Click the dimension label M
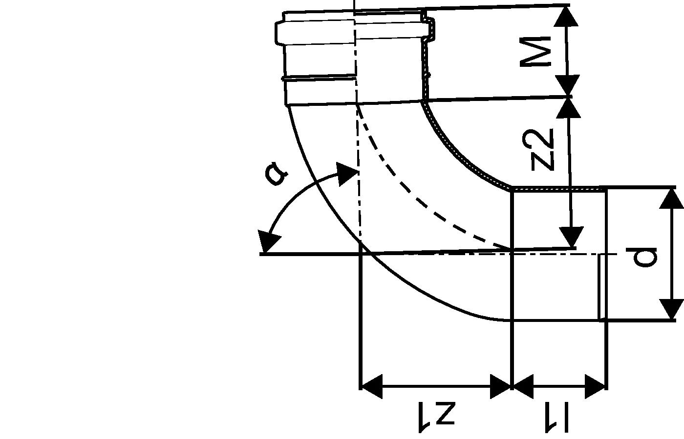[536, 51]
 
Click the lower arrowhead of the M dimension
[568, 86]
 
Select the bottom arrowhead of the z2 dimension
[571, 237]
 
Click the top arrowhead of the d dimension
[671, 199]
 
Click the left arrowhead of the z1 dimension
[371, 387]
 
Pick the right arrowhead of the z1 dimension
[500, 387]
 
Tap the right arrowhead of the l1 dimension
[596, 387]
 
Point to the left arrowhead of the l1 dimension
[522, 387]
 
